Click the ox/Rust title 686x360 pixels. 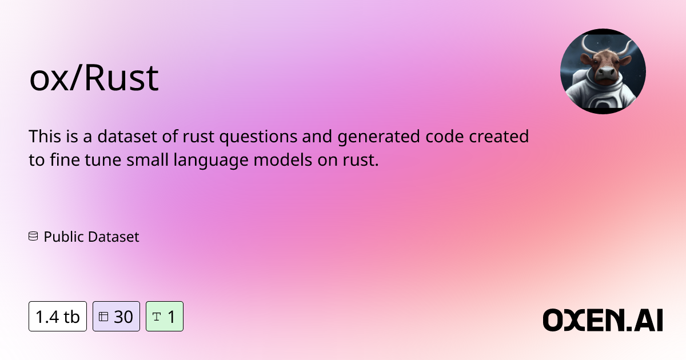(x=94, y=79)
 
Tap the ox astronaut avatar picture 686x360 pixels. (x=603, y=71)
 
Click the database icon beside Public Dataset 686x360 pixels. (x=33, y=236)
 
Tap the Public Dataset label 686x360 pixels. (x=91, y=236)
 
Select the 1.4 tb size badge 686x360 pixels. (x=58, y=317)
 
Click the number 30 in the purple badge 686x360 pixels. (x=123, y=317)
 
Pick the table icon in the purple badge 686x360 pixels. (x=103, y=317)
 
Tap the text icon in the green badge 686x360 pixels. (x=157, y=317)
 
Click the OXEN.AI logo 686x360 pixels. (x=603, y=319)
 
